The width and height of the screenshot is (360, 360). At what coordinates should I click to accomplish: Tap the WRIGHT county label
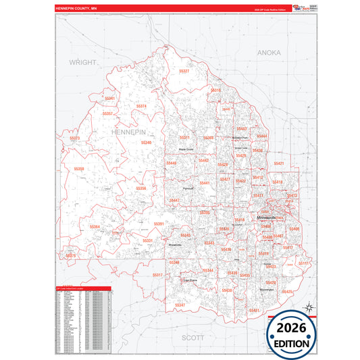click(x=84, y=61)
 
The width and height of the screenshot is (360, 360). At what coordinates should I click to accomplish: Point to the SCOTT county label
click(x=194, y=336)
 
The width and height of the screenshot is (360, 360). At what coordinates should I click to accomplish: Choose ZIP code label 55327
click(x=184, y=71)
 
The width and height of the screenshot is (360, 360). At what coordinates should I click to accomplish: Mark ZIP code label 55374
click(x=141, y=106)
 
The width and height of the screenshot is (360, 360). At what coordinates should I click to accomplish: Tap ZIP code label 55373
click(x=75, y=138)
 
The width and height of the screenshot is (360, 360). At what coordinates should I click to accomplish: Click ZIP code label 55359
click(x=80, y=169)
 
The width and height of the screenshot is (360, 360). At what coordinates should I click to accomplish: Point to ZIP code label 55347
click(x=180, y=305)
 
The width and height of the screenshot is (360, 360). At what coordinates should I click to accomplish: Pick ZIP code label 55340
click(x=147, y=143)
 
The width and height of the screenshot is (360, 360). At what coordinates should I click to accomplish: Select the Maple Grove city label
click(x=186, y=149)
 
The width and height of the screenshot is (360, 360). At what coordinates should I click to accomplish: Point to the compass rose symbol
click(x=309, y=308)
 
